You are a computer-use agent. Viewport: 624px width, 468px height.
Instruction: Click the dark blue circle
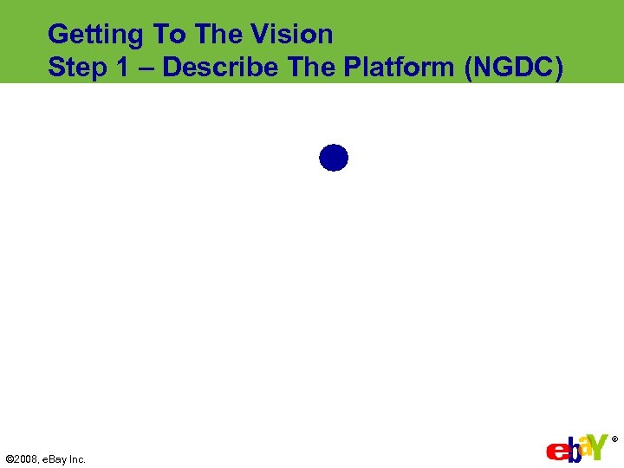pyautogui.click(x=334, y=158)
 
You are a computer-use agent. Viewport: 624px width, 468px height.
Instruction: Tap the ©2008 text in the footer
pyautogui.click(x=22, y=459)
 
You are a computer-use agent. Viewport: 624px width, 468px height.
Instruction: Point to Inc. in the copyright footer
pyautogui.click(x=79, y=459)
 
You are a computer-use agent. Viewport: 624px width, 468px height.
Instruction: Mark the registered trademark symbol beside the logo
pyautogui.click(x=614, y=439)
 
